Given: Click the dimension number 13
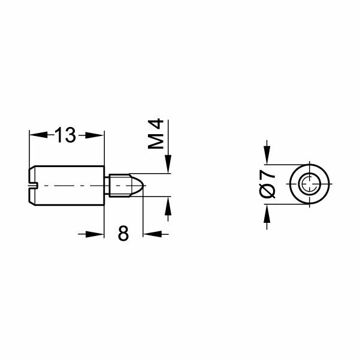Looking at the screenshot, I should tap(66, 135).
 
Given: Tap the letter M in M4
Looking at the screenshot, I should tap(156, 142).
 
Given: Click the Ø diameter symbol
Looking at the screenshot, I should tap(268, 191).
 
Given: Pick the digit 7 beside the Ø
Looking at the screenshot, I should tap(268, 175).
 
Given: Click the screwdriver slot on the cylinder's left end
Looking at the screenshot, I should tap(34, 186).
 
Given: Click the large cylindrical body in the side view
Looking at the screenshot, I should tap(69, 186).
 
